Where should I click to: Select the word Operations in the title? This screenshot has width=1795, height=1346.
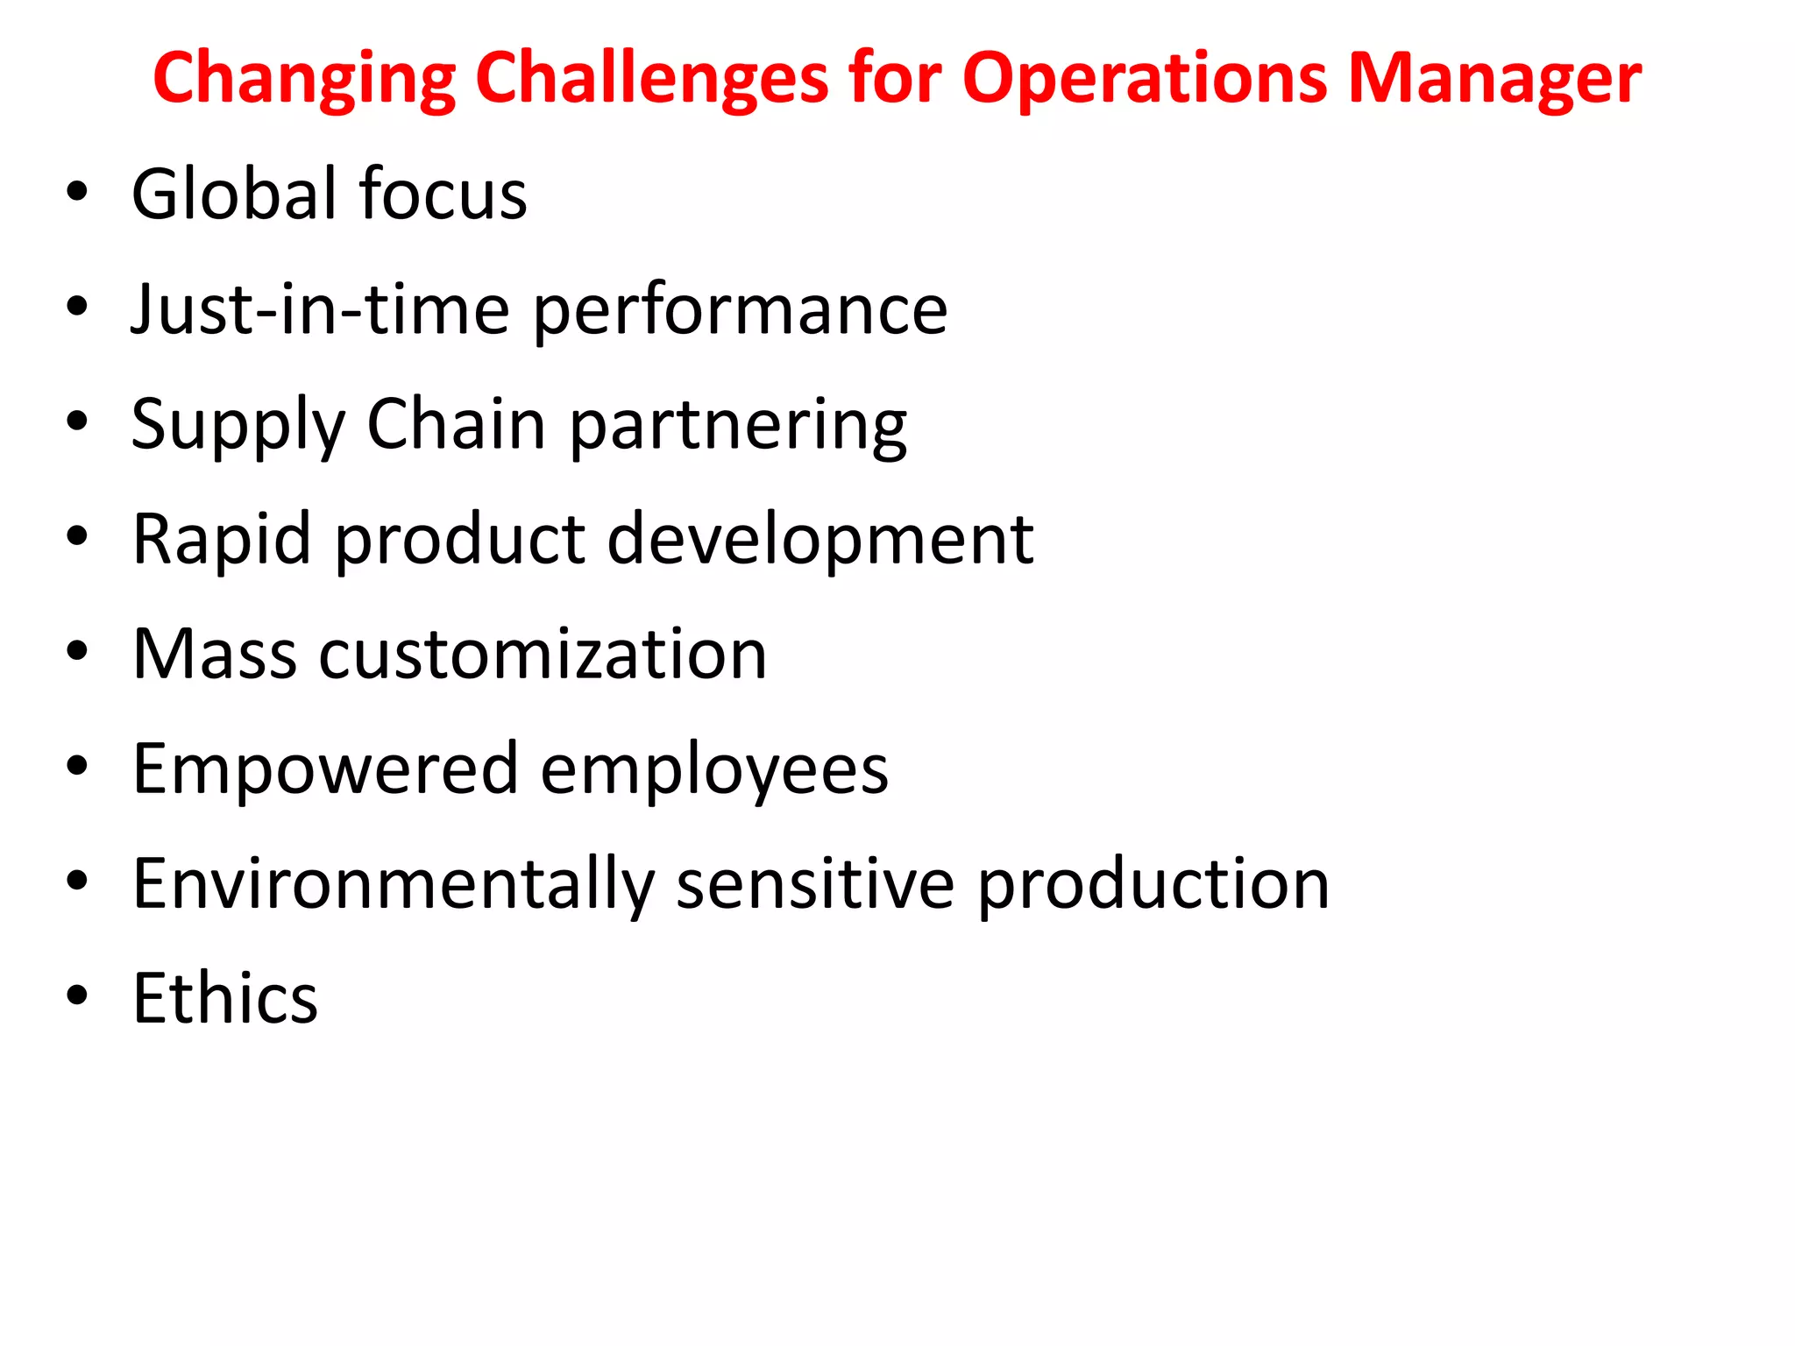pos(1145,79)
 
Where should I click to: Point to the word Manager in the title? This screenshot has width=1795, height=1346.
pos(1493,79)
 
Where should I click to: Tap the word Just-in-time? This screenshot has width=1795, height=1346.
pos(320,309)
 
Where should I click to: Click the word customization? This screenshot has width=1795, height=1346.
pos(543,655)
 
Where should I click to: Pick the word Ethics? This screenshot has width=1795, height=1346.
pos(225,998)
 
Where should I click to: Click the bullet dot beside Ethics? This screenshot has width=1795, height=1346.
pos(77,995)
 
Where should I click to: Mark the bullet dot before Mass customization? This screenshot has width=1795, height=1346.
pos(77,651)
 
